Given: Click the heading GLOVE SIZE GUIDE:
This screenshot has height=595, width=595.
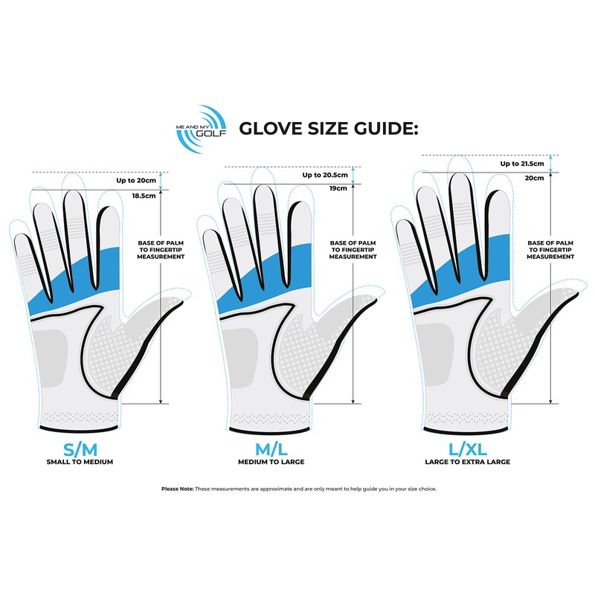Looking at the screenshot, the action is [329, 129].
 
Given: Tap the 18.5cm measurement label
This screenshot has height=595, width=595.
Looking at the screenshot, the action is [144, 196].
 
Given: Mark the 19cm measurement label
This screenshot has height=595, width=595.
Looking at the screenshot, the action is [338, 189].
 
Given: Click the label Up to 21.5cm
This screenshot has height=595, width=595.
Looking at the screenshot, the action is [519, 164].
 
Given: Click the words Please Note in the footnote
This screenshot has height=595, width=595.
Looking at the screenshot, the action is [177, 489].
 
